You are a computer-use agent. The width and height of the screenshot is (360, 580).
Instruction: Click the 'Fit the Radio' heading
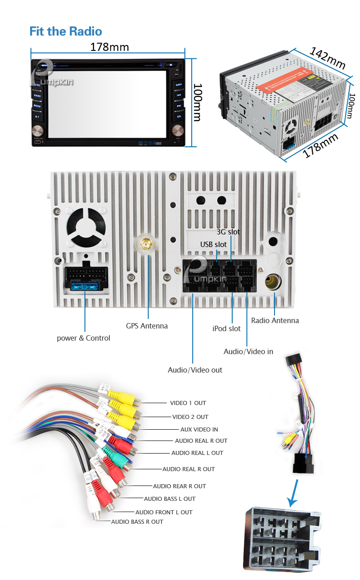click(66, 31)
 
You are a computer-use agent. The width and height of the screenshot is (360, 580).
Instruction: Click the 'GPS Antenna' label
click(147, 326)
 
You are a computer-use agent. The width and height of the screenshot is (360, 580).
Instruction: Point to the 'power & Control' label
click(83, 338)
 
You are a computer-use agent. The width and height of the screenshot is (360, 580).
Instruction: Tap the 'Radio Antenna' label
click(275, 320)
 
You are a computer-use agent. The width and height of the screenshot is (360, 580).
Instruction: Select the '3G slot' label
click(228, 232)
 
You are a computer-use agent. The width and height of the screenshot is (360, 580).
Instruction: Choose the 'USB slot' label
click(213, 244)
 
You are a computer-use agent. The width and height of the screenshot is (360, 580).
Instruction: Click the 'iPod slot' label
click(226, 328)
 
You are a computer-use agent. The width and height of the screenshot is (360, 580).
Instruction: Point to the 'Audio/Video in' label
click(248, 351)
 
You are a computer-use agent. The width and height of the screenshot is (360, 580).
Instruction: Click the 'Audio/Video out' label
click(195, 370)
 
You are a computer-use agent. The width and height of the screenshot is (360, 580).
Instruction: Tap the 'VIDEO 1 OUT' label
click(188, 403)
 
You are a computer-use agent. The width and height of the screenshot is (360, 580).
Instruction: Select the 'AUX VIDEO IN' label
click(199, 430)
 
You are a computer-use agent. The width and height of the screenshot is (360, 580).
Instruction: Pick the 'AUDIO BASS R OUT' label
click(137, 522)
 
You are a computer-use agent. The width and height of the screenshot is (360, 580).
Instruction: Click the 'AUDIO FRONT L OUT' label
click(164, 512)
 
